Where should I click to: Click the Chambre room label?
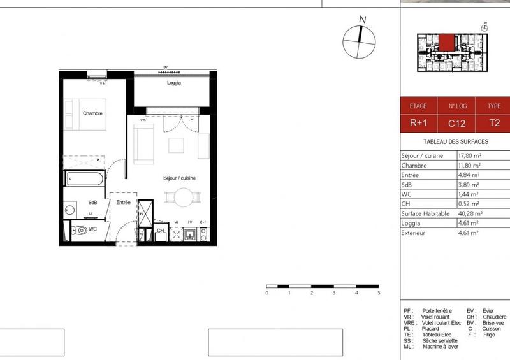93,113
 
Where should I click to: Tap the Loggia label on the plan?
174,83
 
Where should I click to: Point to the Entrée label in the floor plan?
123,203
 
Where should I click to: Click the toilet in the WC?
79,230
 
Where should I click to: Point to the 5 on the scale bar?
379,293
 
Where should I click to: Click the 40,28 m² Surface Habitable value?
470,213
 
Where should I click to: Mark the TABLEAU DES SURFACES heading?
455,141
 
